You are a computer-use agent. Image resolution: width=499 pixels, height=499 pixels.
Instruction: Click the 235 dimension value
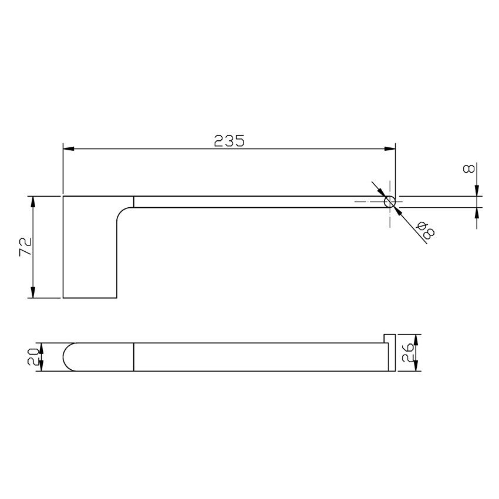coord(228,141)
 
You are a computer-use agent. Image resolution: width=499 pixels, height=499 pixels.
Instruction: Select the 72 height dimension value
coord(25,247)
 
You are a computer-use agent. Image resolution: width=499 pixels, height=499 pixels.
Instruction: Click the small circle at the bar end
coord(389,201)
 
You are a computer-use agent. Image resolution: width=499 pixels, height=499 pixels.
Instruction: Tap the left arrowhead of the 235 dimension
coord(68,149)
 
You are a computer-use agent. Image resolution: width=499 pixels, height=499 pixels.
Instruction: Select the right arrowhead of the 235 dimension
coord(390,149)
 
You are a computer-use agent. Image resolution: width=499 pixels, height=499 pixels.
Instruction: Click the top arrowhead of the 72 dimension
coord(33,200)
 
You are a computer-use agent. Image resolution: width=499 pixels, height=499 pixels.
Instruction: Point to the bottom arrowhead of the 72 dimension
coord(33,293)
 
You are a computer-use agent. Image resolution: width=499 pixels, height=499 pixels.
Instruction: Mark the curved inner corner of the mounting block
coord(122,211)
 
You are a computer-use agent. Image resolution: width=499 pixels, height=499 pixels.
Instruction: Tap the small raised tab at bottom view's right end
coord(389,338)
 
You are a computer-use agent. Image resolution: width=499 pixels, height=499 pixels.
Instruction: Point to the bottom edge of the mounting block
coord(90,298)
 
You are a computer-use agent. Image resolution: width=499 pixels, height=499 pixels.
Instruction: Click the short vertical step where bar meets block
coord(134,201)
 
